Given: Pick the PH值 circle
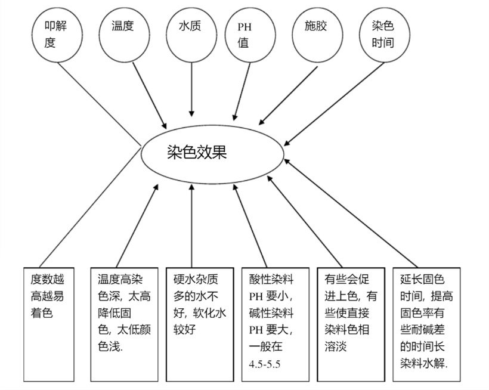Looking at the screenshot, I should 246,36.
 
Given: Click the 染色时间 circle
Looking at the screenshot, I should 382,34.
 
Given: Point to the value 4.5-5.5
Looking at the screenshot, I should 264,363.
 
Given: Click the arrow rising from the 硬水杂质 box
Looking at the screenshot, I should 191,227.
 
